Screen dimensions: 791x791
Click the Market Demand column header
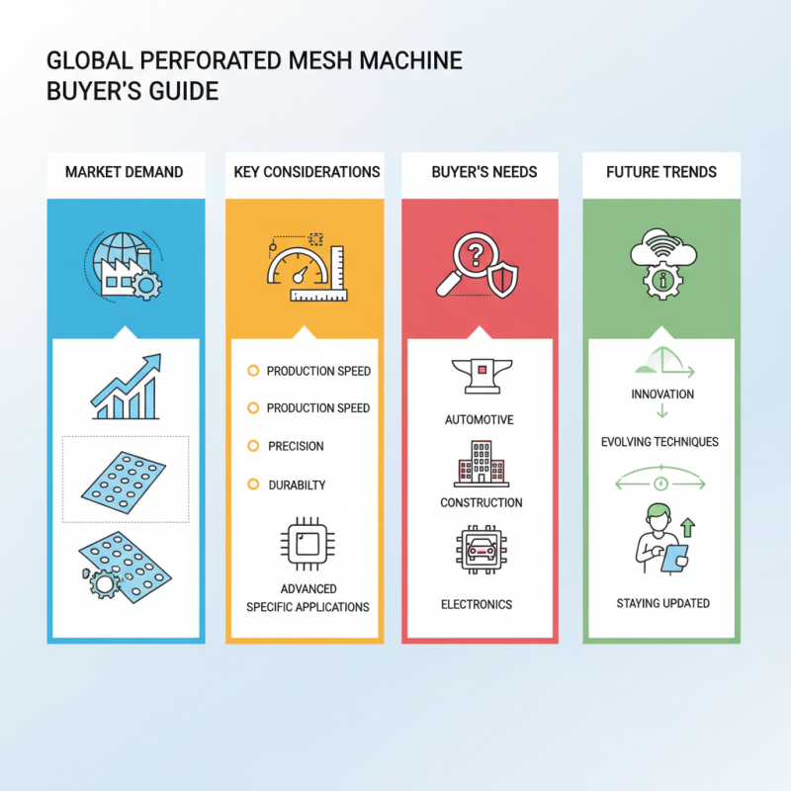(x=125, y=172)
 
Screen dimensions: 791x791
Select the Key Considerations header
(x=307, y=172)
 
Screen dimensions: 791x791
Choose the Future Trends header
(x=660, y=172)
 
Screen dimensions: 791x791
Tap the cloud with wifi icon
(x=659, y=259)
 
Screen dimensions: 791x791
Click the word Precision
(x=296, y=446)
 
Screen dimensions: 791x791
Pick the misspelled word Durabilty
(x=297, y=485)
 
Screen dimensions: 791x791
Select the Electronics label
(x=481, y=603)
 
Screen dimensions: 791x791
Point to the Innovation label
(x=661, y=395)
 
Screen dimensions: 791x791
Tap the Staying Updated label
(x=661, y=603)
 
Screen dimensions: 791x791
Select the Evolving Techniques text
(x=659, y=441)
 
